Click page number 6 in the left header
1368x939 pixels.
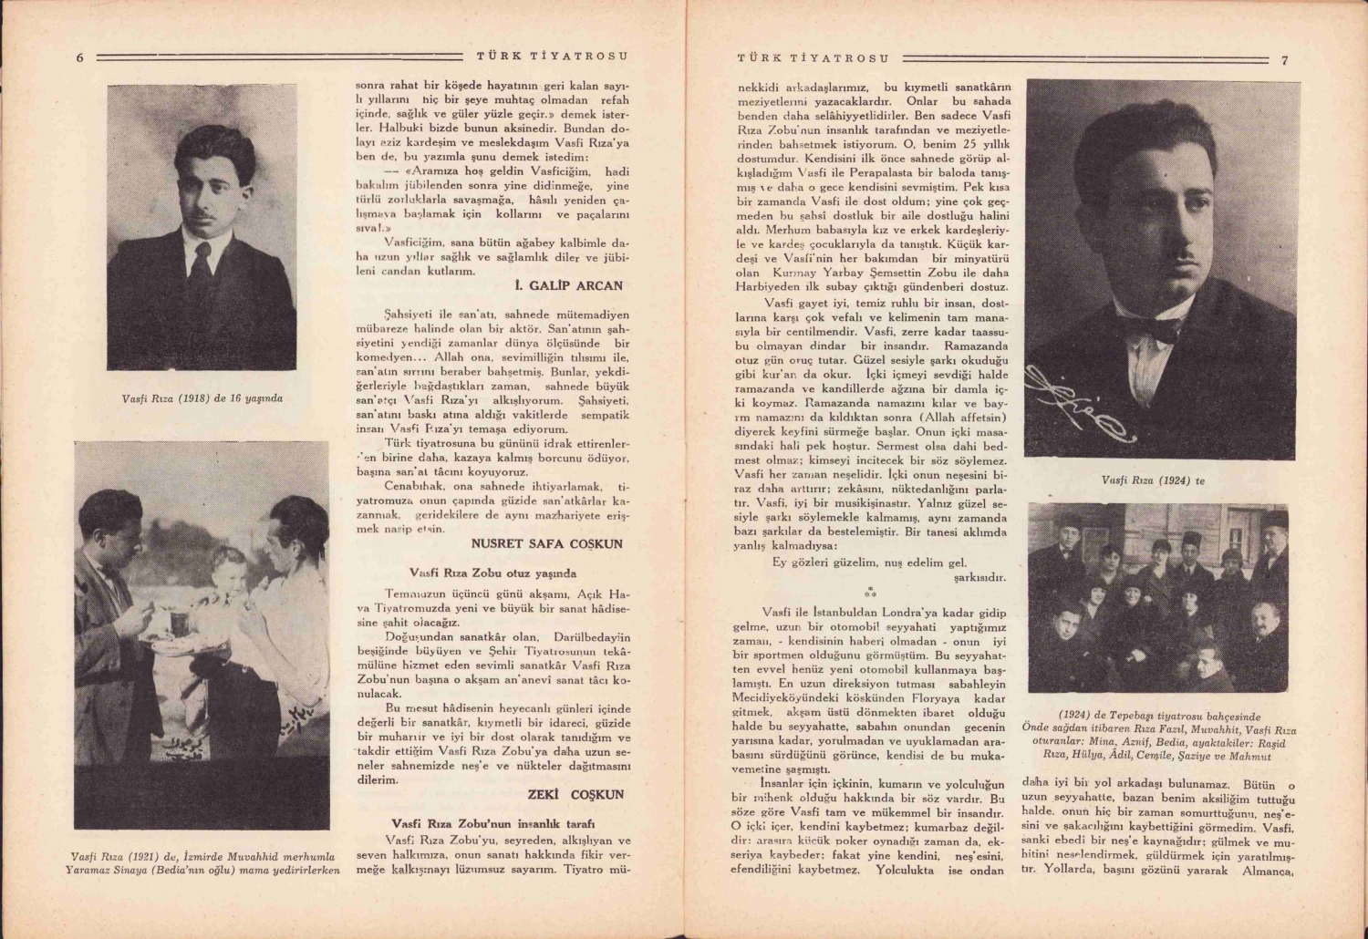point(79,57)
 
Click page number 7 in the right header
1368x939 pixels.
point(1284,60)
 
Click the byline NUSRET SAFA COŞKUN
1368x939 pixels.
point(547,544)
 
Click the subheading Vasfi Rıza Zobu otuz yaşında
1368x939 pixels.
point(492,573)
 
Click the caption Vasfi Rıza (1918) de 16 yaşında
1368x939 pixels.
point(202,398)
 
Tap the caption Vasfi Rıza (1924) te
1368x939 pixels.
point(1153,480)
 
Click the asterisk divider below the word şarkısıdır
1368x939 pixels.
point(870,592)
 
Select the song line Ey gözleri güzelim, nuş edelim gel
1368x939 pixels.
point(869,562)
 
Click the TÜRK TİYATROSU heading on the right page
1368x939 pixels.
point(813,58)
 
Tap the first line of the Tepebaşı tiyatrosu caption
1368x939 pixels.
point(1161,717)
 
